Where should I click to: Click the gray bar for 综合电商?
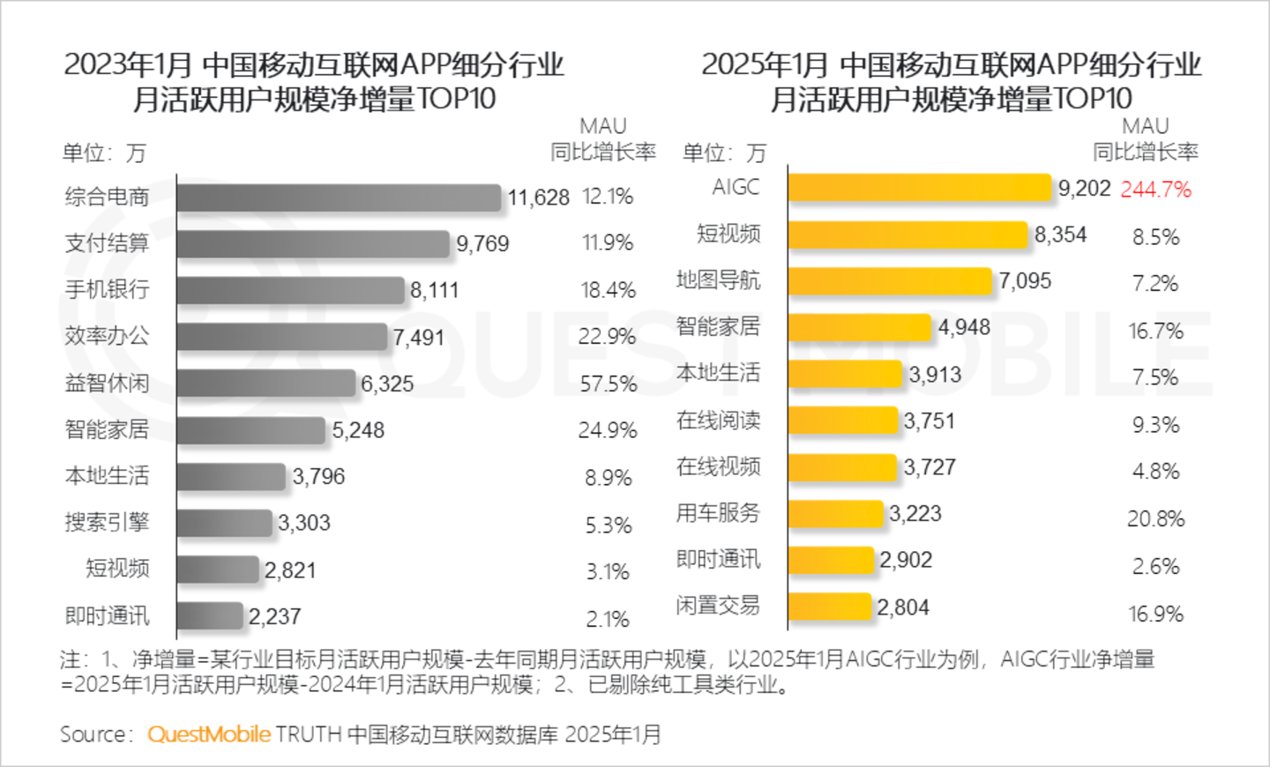tap(340, 197)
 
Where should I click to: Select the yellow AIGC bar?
tap(920, 188)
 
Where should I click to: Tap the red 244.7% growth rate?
tap(1155, 190)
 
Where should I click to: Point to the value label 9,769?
tap(482, 244)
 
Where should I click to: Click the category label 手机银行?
tap(107, 289)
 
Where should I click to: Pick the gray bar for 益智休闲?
tap(266, 383)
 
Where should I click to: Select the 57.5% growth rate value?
tap(608, 383)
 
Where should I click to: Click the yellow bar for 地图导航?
tap(890, 281)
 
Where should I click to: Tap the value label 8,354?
tap(1060, 235)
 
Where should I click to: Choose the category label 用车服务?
tap(718, 513)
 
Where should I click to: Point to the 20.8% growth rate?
tap(1155, 519)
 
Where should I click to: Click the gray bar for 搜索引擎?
tap(225, 523)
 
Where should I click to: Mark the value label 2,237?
tap(274, 616)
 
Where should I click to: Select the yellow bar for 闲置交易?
tap(830, 607)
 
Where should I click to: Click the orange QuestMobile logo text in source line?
tap(209, 734)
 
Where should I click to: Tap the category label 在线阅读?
tap(718, 421)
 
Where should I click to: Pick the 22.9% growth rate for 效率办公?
tap(607, 337)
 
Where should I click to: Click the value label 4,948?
tap(964, 328)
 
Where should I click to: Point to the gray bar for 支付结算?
tap(313, 244)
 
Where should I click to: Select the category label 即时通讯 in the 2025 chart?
tap(718, 560)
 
